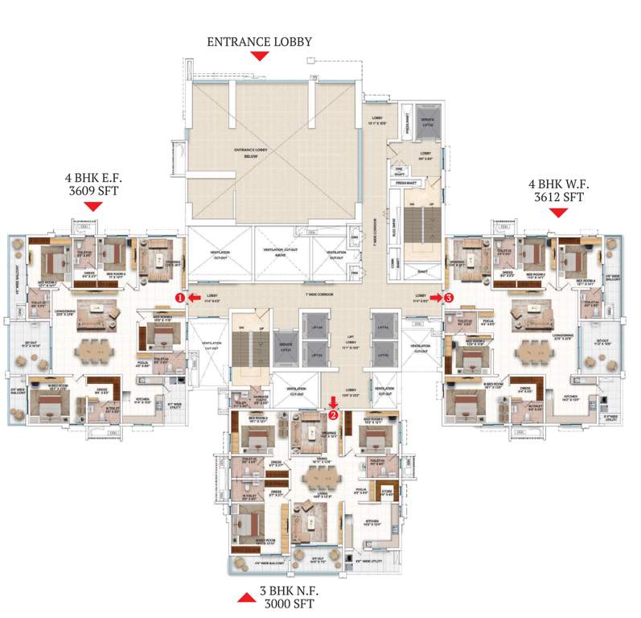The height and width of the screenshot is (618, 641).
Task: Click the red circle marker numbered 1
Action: pyautogui.click(x=181, y=297)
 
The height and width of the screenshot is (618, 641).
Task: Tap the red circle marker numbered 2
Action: pyautogui.click(x=333, y=415)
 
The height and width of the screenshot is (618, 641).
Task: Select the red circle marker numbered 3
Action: pyautogui.click(x=449, y=297)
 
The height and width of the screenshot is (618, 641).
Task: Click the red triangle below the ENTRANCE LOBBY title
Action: pyautogui.click(x=259, y=56)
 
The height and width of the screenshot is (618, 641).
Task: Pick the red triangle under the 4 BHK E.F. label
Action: pyautogui.click(x=93, y=208)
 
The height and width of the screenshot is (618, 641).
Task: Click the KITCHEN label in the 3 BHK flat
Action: pyautogui.click(x=372, y=523)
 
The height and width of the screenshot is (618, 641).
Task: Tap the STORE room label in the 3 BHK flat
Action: pyautogui.click(x=386, y=492)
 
